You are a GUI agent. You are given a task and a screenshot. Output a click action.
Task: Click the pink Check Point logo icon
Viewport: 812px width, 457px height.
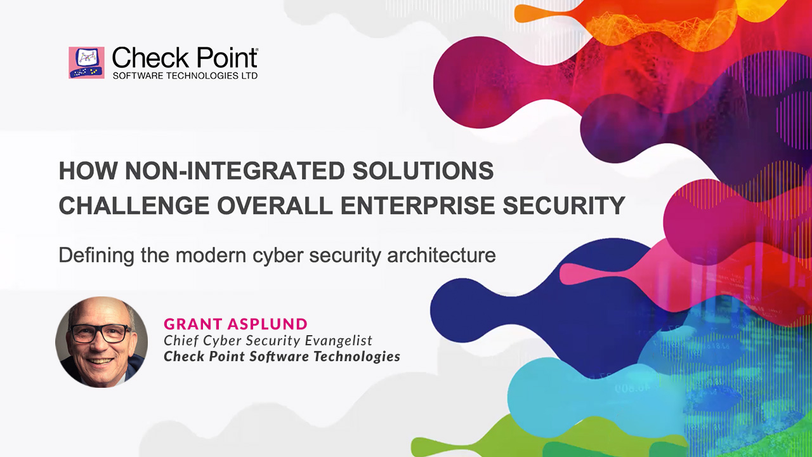coord(86,62)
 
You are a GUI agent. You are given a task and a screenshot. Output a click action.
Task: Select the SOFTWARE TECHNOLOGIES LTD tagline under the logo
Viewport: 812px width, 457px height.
coord(185,76)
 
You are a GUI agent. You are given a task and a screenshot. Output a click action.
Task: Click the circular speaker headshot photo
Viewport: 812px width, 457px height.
coord(101,341)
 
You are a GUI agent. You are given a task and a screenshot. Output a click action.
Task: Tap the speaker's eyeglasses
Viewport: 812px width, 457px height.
coord(100,333)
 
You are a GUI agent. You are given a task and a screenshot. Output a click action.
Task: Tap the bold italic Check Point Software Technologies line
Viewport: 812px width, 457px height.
coord(282,356)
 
